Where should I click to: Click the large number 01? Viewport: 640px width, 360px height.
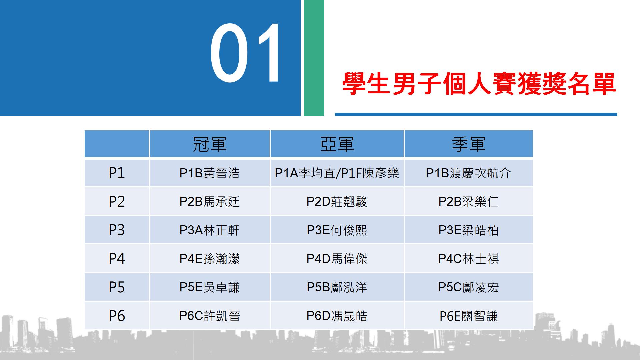pos(246,53)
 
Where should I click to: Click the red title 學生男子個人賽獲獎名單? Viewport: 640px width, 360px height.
pos(479,84)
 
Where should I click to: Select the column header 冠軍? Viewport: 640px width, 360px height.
pos(210,144)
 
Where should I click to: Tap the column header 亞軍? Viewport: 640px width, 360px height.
pos(337,144)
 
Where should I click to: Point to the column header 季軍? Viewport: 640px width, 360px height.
pos(469,144)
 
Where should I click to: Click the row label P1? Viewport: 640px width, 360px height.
pos(117,173)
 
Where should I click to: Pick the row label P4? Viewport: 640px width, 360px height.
pos(117,259)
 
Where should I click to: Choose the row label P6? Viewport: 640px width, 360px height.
pos(117,316)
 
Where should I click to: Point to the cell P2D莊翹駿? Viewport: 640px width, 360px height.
pos(337,202)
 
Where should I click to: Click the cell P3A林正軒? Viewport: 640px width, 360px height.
pos(210,230)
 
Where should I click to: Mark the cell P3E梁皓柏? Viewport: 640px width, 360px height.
pos(469,230)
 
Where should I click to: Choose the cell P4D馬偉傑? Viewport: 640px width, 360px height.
pos(337,259)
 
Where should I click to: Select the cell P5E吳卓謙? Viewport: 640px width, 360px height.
pos(210,287)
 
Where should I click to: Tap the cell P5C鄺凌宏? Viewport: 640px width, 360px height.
pos(469,287)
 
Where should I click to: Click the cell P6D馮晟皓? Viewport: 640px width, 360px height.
pos(337,316)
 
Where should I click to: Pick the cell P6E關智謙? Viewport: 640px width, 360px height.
pos(469,316)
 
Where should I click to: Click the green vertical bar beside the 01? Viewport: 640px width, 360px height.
pos(314,58)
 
